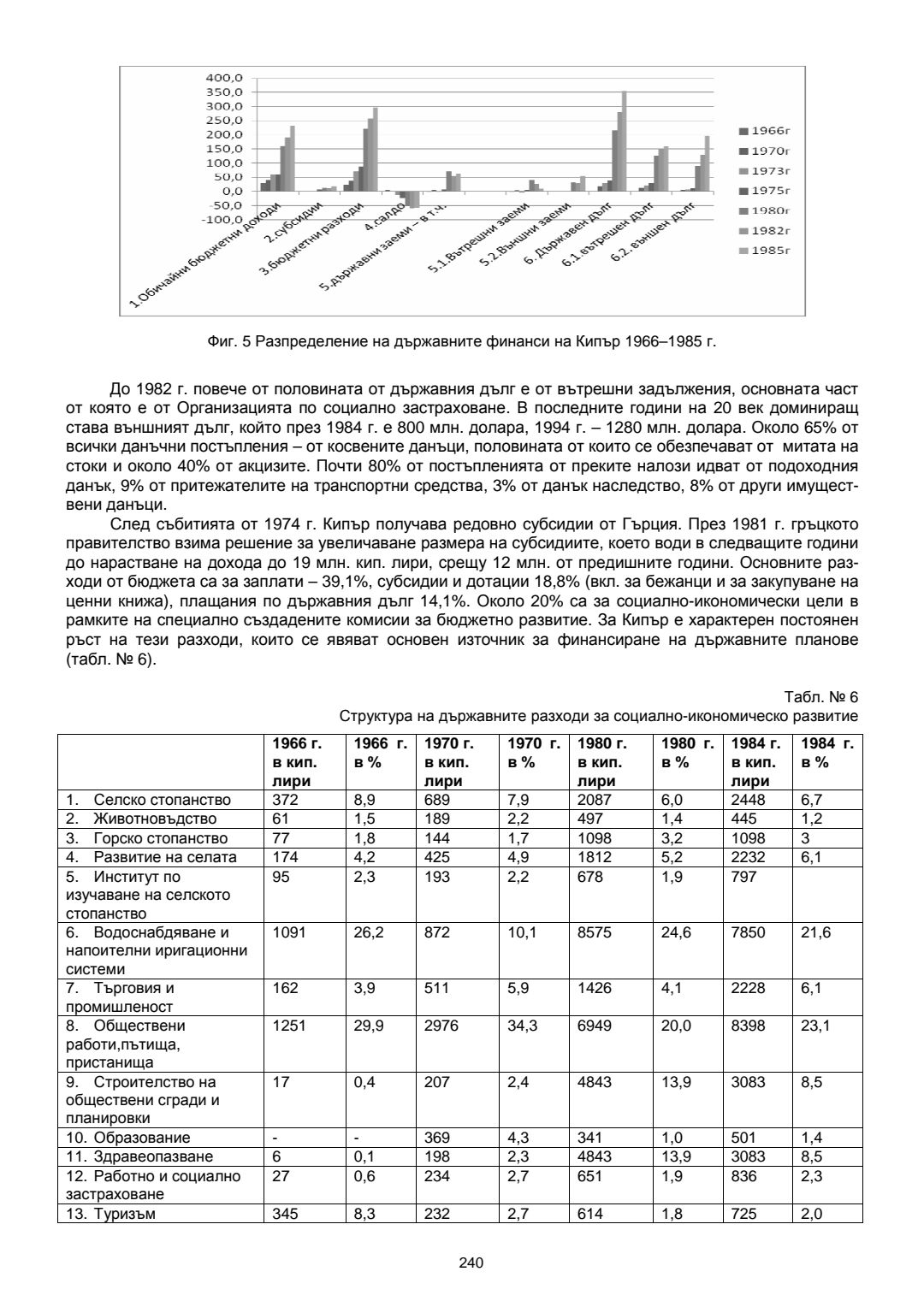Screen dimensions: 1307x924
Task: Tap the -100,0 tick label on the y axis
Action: point(223,219)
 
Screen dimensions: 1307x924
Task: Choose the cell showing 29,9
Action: point(368,1025)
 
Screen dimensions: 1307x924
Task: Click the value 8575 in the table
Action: point(595,932)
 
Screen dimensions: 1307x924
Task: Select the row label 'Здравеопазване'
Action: point(152,1156)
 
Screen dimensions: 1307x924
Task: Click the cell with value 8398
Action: point(749,1025)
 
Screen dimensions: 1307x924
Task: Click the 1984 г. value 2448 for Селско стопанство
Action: point(749,801)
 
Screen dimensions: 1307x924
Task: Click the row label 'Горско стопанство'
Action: point(160,838)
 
